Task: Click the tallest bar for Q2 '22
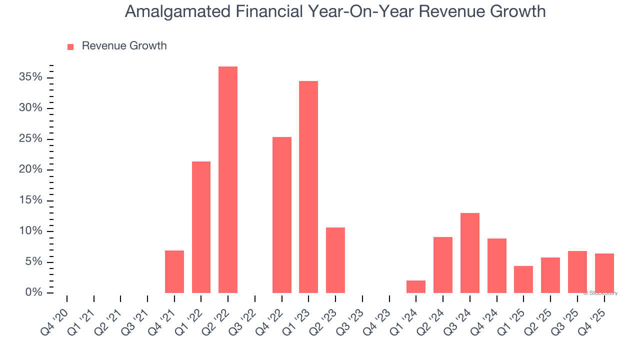228,180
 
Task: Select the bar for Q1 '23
308,187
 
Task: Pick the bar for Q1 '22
201,227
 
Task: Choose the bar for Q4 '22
282,215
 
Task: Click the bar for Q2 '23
335,260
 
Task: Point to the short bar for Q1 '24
416,286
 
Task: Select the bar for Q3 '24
470,253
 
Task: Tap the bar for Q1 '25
523,279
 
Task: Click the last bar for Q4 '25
604,273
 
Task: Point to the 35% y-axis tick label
30,77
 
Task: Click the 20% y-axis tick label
30,169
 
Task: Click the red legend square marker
70,46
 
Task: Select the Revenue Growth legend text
124,46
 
